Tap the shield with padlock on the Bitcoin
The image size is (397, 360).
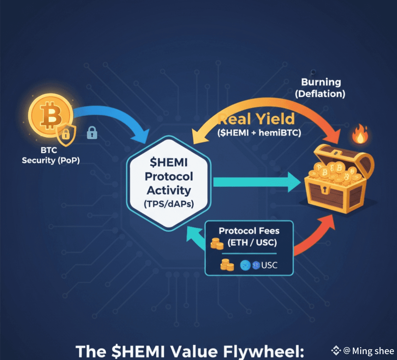click(66, 135)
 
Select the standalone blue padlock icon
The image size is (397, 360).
click(91, 133)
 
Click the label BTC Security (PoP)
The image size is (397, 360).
click(51, 155)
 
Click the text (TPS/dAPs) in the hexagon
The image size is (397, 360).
click(169, 204)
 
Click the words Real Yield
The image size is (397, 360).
click(257, 119)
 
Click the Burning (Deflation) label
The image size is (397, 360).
click(320, 88)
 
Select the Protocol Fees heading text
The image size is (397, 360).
click(249, 231)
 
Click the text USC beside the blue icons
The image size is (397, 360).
click(269, 265)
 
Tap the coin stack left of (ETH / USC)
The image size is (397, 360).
click(217, 244)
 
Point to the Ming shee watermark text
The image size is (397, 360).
click(373, 351)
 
